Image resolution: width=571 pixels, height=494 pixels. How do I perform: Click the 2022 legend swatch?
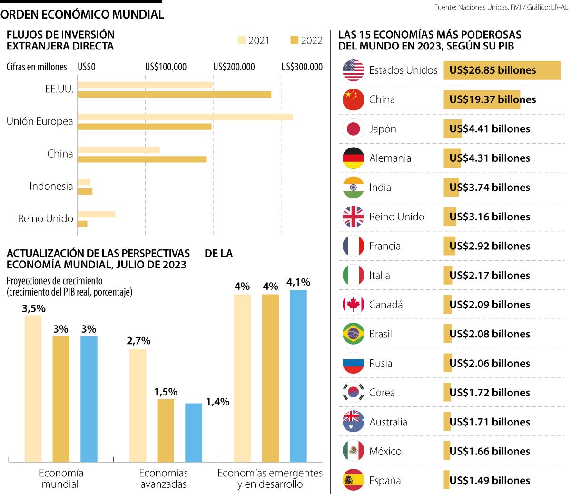pos(294,40)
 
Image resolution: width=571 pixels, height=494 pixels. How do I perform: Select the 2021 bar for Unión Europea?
pos(185,117)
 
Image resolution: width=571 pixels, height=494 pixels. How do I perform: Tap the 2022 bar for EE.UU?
pos(174,94)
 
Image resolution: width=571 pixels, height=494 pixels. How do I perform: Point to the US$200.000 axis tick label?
pos(234,67)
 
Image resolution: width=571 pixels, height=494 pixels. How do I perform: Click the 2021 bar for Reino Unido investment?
pos(96,215)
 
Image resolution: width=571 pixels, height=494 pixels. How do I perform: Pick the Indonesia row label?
pos(51,186)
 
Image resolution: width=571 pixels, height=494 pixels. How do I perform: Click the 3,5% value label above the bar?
pos(34,308)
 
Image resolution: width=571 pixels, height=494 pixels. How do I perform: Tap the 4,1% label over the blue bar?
pos(298,282)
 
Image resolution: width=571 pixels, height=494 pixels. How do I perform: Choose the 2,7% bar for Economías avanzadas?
pos(138,405)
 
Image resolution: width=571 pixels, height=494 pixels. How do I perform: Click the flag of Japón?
pos(353,129)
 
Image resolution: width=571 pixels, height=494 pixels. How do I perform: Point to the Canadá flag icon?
pos(353,305)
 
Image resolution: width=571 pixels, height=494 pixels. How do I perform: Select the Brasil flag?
pos(353,334)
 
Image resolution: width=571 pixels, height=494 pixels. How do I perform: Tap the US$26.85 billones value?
pos(492,70)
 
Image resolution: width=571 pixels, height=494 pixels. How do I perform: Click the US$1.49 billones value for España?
pos(490,481)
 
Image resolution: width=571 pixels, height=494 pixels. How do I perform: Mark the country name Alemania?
pos(390,158)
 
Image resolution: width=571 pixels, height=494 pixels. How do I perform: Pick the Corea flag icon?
pos(353,393)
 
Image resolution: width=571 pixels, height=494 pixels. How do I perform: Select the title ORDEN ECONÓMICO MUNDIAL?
pos(82,15)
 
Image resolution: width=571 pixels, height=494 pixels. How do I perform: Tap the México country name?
pos(385,451)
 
